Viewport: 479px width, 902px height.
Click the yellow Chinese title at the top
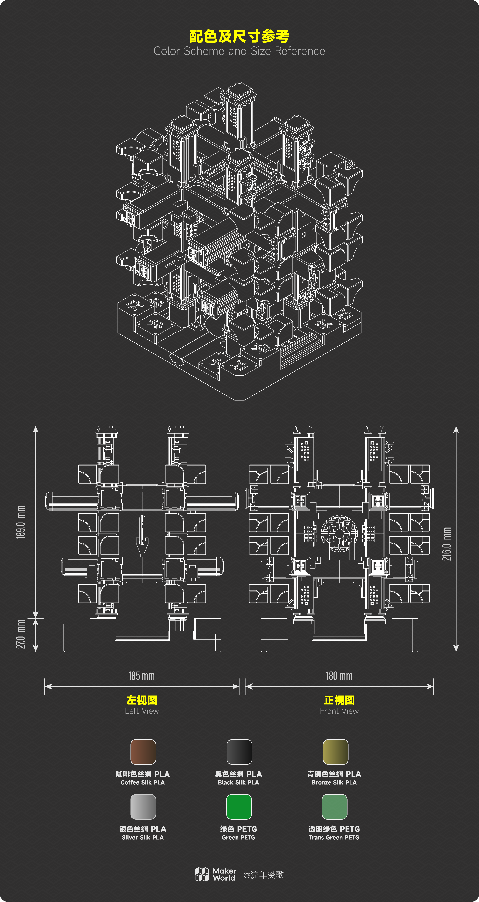(x=239, y=36)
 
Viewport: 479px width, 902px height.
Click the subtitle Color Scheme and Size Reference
(x=239, y=51)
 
